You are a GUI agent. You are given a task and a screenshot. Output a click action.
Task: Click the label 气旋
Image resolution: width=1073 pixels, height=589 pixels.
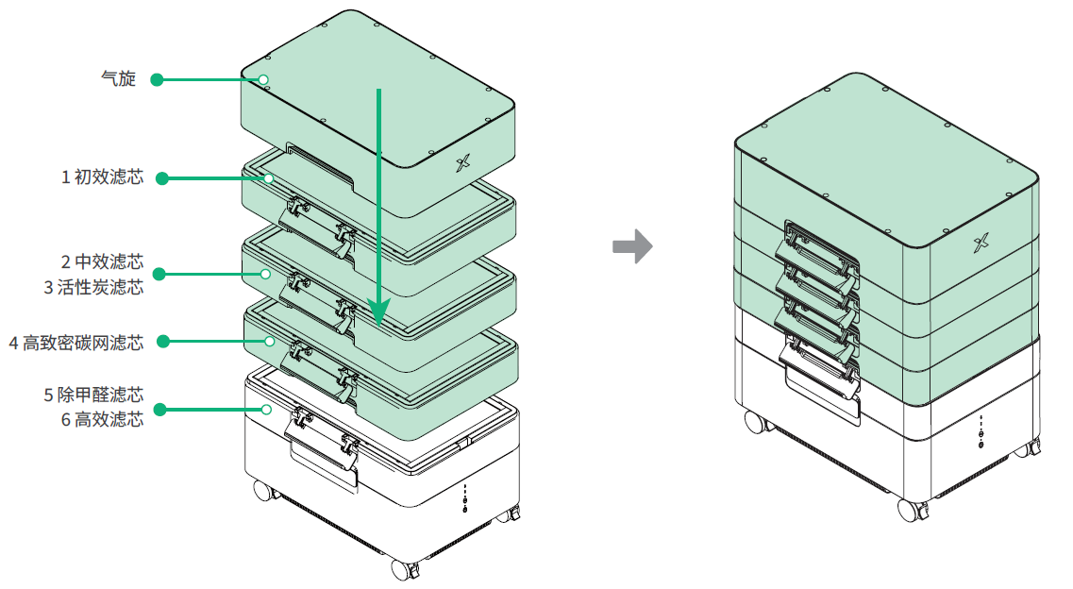pos(118,79)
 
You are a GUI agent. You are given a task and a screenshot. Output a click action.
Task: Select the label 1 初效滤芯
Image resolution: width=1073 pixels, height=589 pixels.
pos(102,177)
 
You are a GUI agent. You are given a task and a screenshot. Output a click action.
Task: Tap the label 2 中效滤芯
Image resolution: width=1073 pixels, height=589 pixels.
pos(102,261)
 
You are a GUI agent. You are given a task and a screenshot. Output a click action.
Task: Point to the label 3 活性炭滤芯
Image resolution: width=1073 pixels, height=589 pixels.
pos(93,287)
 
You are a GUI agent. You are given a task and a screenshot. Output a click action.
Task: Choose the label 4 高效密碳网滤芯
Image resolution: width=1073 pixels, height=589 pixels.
pos(75,342)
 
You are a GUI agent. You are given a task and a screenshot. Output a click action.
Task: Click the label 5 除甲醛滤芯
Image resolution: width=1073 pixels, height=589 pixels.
pos(93,393)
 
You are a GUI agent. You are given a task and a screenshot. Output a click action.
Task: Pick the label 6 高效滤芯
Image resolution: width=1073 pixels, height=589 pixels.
pos(102,419)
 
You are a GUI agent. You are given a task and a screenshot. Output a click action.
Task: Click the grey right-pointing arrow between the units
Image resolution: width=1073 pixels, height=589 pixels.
pos(632,246)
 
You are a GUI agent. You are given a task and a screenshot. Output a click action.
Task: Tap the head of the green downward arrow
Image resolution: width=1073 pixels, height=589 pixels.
pos(378,312)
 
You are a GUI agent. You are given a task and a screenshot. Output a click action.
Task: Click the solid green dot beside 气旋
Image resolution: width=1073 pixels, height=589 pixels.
pos(158,79)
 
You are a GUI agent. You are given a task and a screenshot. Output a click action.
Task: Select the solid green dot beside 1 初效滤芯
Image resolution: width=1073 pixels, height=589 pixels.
pos(162,177)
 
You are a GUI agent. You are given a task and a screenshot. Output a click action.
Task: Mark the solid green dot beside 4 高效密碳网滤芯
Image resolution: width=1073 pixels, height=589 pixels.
pos(162,341)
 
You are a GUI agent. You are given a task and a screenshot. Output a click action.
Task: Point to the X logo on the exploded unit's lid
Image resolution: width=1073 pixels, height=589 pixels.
pos(462,164)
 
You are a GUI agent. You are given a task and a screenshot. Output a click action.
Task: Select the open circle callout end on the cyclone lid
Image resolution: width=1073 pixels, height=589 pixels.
pos(264,79)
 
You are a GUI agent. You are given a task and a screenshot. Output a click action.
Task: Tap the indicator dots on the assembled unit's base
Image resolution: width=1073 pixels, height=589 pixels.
pos(981,432)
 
